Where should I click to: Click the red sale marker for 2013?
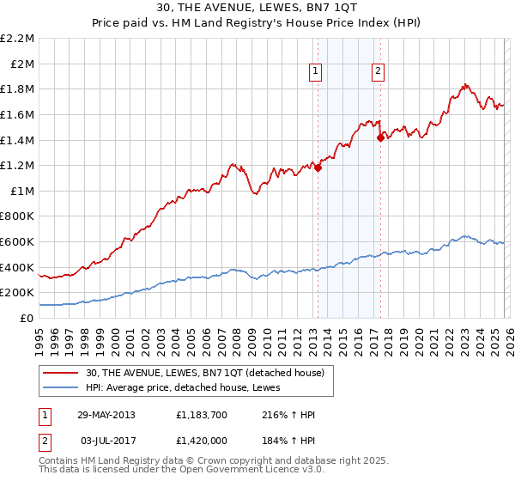point(318,168)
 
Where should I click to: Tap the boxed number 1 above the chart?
point(317,71)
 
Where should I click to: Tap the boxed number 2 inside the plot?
point(378,71)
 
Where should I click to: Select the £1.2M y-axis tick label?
point(18,165)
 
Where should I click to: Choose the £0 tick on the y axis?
point(27,318)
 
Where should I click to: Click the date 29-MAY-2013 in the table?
point(106,415)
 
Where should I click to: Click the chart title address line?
point(257,7)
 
